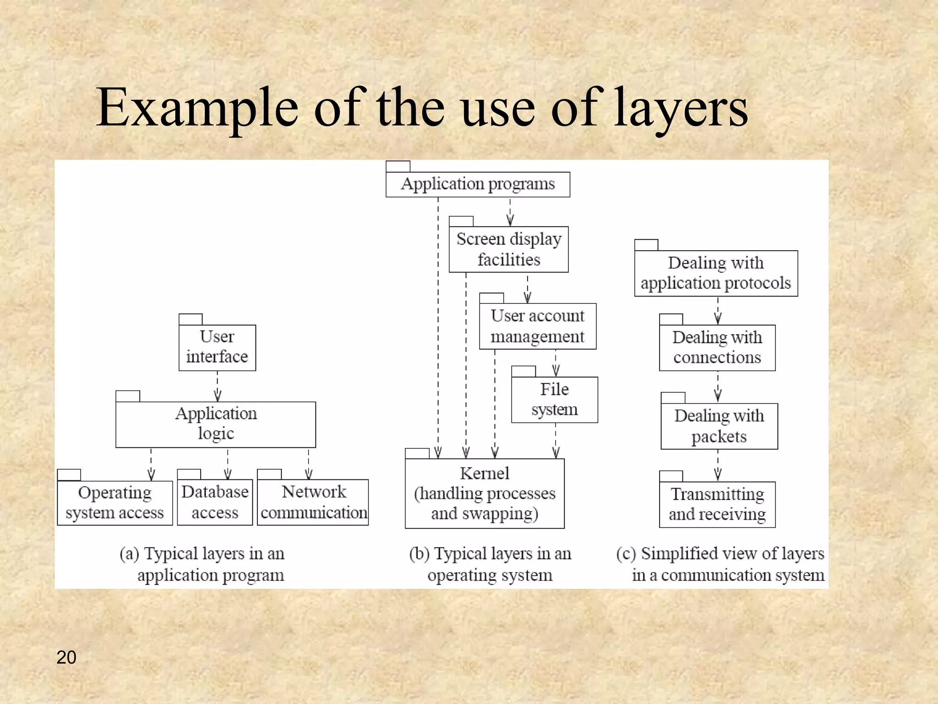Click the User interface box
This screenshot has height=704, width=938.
click(217, 347)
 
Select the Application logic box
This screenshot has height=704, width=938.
click(216, 424)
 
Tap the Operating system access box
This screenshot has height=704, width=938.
click(115, 502)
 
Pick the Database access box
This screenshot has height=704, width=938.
click(215, 502)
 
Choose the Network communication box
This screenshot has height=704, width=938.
click(313, 502)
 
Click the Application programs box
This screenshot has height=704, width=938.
click(478, 184)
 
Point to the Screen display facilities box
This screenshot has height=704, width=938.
click(508, 249)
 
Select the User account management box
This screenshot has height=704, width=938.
click(537, 326)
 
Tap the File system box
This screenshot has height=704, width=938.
click(554, 400)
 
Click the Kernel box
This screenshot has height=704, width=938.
click(485, 494)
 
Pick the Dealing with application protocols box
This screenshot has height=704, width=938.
click(716, 273)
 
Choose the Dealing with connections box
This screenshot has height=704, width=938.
click(717, 347)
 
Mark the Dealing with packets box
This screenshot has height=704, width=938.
click(719, 426)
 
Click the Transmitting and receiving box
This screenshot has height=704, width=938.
click(717, 504)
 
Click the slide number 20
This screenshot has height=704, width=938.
click(66, 657)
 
